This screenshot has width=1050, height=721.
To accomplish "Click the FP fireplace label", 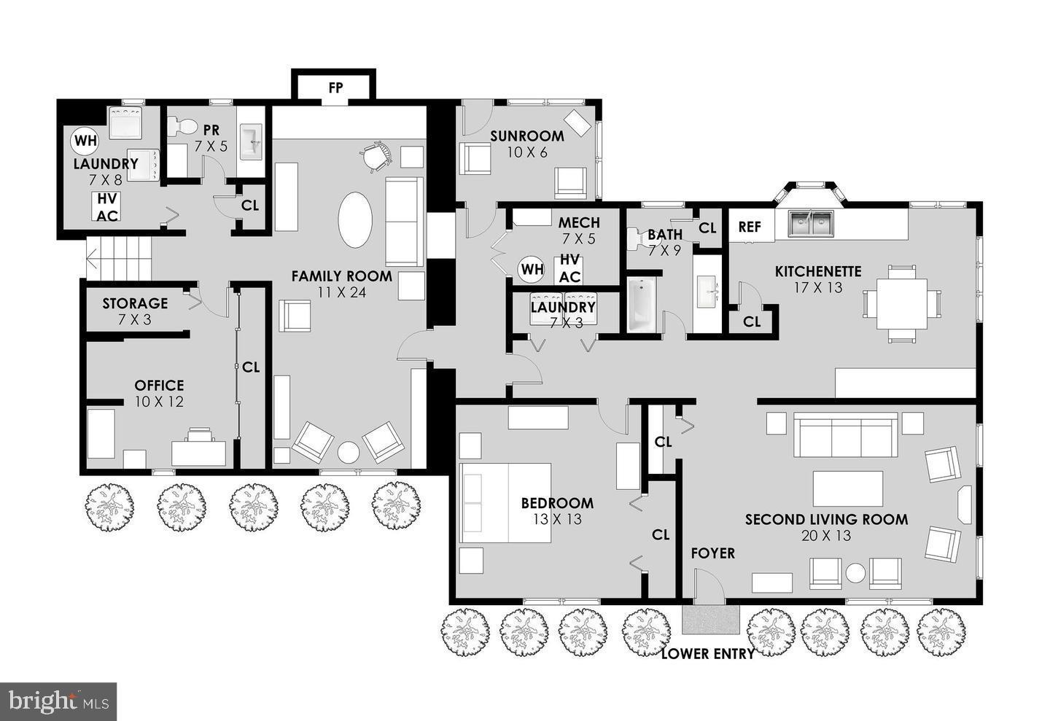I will click(335, 88).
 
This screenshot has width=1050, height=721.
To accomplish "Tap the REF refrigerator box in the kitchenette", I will click(750, 227).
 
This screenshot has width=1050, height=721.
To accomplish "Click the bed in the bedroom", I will click(504, 502).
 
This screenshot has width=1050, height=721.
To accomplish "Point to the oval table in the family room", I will click(355, 219).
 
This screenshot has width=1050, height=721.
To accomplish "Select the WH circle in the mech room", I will click(532, 269).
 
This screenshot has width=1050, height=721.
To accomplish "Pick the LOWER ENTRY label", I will click(707, 654).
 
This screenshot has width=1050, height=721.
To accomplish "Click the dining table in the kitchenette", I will click(901, 303).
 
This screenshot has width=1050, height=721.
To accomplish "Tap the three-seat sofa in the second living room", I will click(846, 435).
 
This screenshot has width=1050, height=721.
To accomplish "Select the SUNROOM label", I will click(526, 136).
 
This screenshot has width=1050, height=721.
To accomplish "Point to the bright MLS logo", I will click(58, 701).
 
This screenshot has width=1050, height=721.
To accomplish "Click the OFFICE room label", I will click(159, 386).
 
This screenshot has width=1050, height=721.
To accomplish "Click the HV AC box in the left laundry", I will click(107, 207).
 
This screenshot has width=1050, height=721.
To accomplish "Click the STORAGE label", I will click(135, 303).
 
